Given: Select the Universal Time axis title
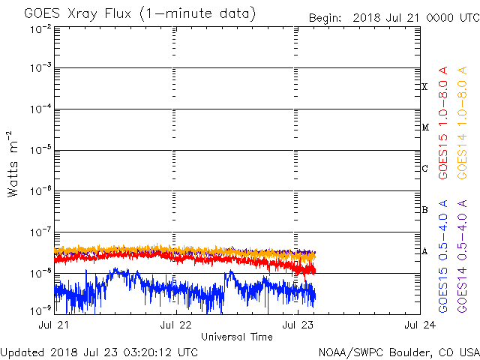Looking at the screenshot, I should pos(236,337).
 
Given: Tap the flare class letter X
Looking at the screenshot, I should pos(424,87).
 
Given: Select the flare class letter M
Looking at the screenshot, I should pos(424,127).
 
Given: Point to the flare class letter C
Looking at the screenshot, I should pos(424,169).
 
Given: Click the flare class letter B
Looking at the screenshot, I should pos(424,210).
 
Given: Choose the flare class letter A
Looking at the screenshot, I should pos(424,251).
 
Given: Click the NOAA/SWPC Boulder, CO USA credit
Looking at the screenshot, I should pos(398,352).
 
